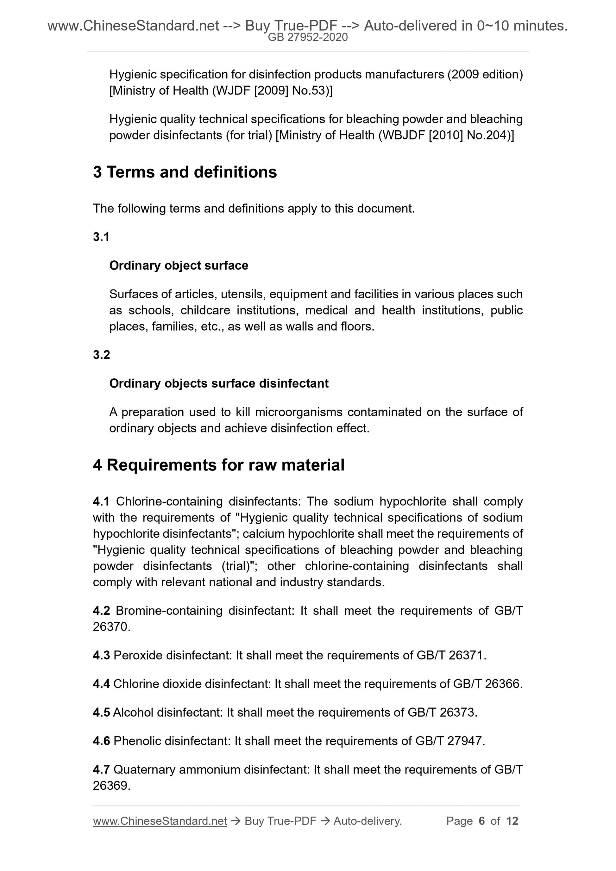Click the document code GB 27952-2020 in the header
pyautogui.click(x=308, y=37)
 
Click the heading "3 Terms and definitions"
pyautogui.click(x=185, y=172)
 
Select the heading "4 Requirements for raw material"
pyautogui.click(x=219, y=465)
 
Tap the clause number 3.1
pyautogui.click(x=101, y=237)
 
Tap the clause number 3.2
pyautogui.click(x=101, y=355)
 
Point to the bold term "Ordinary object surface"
pyautogui.click(x=179, y=265)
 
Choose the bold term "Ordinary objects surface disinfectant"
pyautogui.click(x=219, y=383)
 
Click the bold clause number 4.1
pyautogui.click(x=101, y=501)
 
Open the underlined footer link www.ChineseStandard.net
pyautogui.click(x=160, y=821)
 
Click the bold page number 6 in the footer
pyautogui.click(x=482, y=821)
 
